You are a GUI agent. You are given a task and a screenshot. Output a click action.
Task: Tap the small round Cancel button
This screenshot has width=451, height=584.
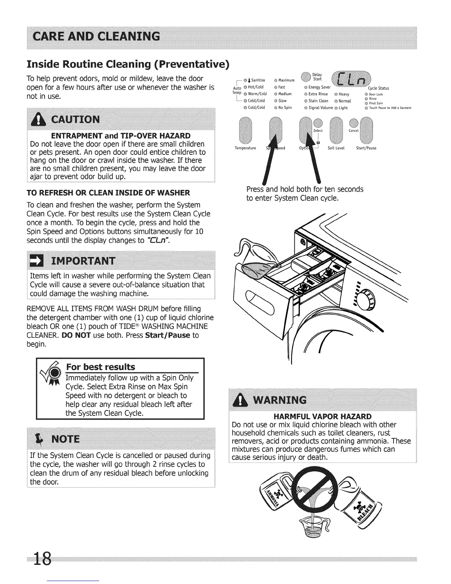[354, 123]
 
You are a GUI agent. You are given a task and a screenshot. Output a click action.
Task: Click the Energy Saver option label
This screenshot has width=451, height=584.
[319, 87]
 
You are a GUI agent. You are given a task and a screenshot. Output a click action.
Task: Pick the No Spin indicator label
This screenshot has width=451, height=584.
[285, 108]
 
